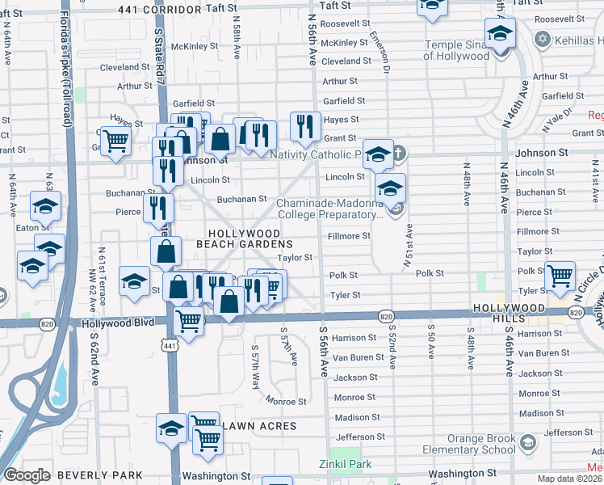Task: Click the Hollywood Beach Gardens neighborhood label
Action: point(244,238)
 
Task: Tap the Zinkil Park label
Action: point(350,464)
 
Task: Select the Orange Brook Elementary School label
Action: point(470,445)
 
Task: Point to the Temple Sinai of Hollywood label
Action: point(457,51)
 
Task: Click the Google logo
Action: point(27,475)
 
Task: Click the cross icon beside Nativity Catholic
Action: point(399,152)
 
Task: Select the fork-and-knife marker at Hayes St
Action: point(304,124)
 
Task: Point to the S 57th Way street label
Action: point(256,368)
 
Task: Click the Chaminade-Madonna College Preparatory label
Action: point(329,209)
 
